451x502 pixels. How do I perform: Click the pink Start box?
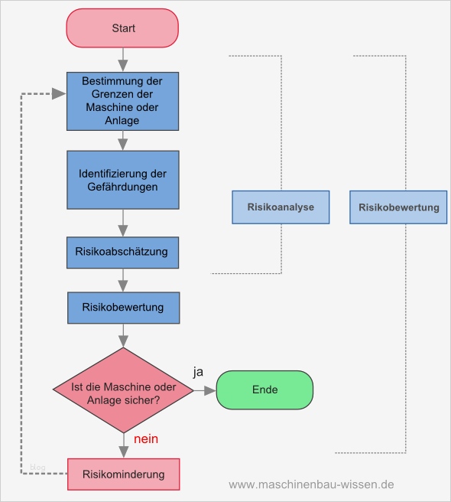tap(123, 28)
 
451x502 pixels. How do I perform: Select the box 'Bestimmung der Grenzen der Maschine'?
tap(123, 99)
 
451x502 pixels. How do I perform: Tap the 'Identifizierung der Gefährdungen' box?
tap(123, 180)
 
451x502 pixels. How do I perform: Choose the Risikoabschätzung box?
tap(123, 252)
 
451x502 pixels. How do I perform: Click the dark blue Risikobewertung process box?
tap(123, 308)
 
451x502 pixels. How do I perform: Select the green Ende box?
tap(264, 390)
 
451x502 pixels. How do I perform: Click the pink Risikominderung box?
tap(123, 474)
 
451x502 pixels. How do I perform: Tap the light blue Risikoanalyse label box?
tap(281, 207)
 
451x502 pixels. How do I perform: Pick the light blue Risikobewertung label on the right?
tap(398, 207)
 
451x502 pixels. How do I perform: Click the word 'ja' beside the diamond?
tap(198, 372)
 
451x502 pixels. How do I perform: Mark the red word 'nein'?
tap(146, 439)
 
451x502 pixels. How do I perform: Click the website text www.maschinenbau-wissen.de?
tap(311, 484)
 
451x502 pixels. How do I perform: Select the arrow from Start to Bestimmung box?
tap(123, 59)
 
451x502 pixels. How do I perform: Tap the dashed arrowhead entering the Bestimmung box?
tap(58, 94)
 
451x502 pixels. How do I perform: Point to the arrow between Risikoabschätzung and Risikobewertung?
tap(123, 280)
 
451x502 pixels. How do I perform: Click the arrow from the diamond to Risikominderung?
tap(123, 445)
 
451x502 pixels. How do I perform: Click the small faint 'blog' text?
tap(37, 466)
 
